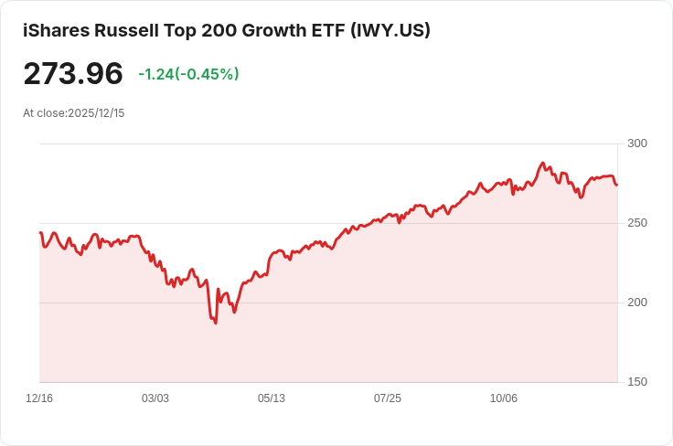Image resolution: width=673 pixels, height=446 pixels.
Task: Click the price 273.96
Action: coord(72,73)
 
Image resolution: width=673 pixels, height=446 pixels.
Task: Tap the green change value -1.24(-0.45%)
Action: coord(188,74)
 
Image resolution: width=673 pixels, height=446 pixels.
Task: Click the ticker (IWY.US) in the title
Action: coord(390,30)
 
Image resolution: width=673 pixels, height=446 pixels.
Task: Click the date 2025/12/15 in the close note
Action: coord(98,113)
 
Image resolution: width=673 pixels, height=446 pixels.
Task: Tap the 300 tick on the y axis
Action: coord(637,143)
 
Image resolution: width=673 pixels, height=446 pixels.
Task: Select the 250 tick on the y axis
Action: coord(637,223)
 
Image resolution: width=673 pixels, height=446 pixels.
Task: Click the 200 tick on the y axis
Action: coord(637,303)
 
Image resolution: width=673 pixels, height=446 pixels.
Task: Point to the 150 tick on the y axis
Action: coord(637,382)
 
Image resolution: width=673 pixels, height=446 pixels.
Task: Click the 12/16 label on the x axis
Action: coord(39,398)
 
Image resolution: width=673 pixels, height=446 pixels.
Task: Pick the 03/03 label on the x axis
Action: coord(155,398)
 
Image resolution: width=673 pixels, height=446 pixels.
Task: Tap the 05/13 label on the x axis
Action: coord(272,398)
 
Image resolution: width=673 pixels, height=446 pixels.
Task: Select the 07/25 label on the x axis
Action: coord(388,398)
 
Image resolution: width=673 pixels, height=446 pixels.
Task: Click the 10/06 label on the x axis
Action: coord(504,398)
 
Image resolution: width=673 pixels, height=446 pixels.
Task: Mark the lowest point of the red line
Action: coord(216,323)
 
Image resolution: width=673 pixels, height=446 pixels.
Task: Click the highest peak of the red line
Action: coord(543,164)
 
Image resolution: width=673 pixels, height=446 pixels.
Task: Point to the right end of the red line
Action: coord(616,185)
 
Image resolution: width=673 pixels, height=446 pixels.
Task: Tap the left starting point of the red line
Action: coord(40,233)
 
